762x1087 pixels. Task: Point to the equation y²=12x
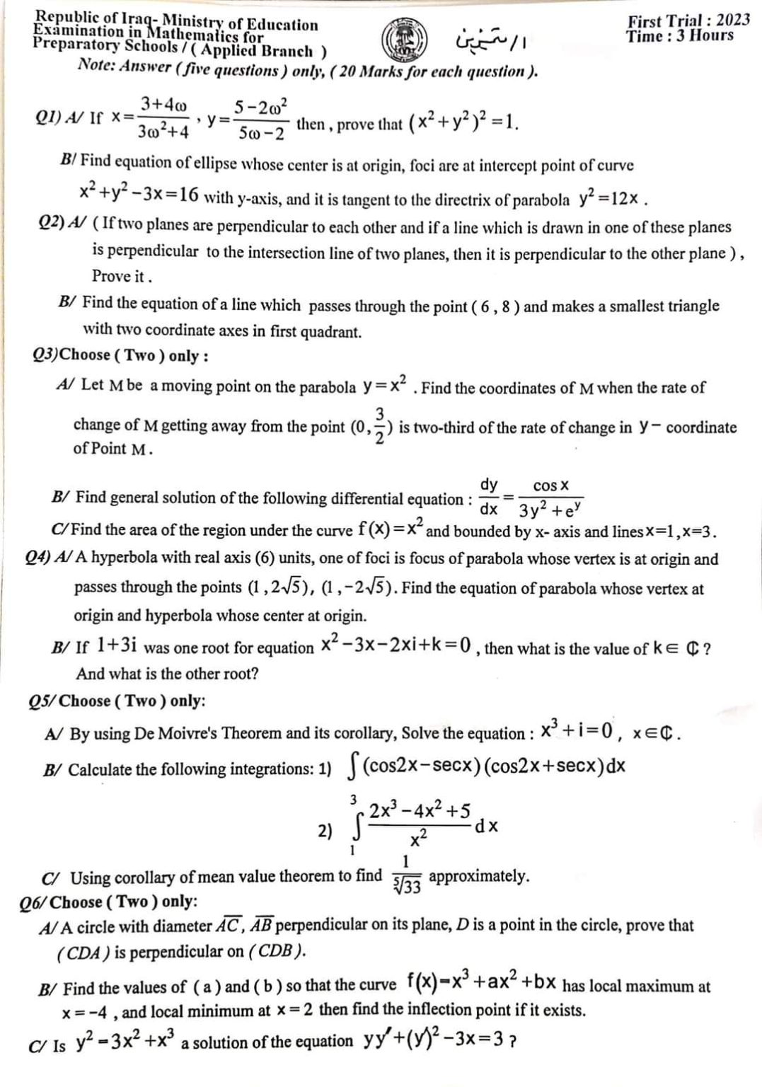click(610, 198)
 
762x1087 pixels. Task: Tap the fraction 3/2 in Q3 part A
click(379, 426)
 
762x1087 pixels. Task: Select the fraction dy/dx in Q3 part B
click(488, 497)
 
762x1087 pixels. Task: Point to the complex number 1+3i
click(116, 645)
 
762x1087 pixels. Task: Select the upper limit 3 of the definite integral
click(352, 800)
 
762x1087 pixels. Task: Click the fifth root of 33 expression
click(407, 885)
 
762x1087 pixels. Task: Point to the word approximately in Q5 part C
click(479, 876)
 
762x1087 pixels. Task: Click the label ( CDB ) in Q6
click(277, 951)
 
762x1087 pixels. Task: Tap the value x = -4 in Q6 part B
click(91, 1011)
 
